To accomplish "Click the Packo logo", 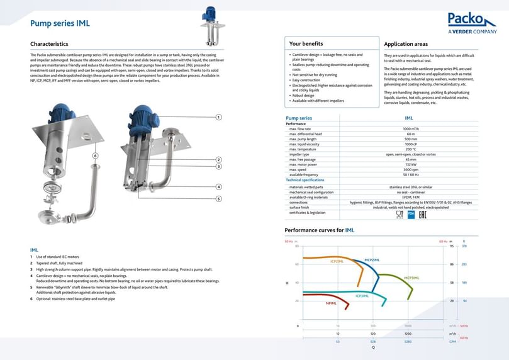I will tap(472, 23).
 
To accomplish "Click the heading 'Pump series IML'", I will tap(60, 24).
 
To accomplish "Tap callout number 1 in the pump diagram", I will tap(218, 117).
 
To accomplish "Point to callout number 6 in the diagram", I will tap(95, 155).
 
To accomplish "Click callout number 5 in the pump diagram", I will tap(218, 199).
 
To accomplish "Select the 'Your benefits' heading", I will tap(306, 44).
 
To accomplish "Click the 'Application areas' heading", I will tap(406, 44).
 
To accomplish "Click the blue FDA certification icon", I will tap(411, 214).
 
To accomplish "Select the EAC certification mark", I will tap(423, 214).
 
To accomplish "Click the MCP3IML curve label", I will tap(411, 278).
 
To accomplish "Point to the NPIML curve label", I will tap(331, 304).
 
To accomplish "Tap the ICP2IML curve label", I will tap(337, 261).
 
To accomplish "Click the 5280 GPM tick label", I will tap(408, 340).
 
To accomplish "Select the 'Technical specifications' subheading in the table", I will tap(305, 180).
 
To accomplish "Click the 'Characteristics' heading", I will tap(49, 44).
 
